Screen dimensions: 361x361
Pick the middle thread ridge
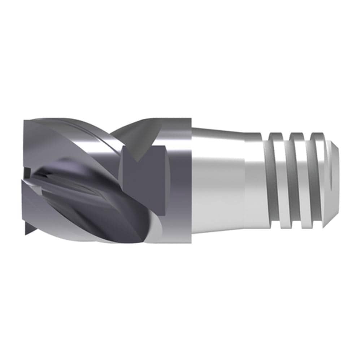(297, 180)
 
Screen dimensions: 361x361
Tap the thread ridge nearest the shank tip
(317, 180)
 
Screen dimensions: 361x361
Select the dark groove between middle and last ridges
(307, 180)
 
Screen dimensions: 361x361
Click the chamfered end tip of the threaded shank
(334, 180)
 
